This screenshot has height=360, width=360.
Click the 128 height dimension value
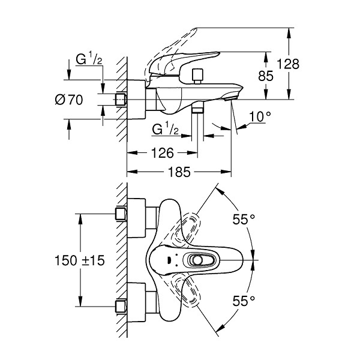click(288, 64)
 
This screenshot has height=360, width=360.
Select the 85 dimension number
click(266, 76)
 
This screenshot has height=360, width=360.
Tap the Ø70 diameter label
click(69, 100)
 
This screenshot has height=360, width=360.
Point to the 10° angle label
click(260, 116)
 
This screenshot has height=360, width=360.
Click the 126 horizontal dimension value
click(163, 153)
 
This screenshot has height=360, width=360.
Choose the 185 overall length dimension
click(179, 172)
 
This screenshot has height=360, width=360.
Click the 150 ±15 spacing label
click(79, 260)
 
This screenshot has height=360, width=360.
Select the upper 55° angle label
click(244, 219)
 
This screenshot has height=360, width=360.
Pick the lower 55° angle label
click(244, 301)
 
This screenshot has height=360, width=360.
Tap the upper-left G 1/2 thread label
click(89, 59)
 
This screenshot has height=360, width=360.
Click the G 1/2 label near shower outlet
click(166, 128)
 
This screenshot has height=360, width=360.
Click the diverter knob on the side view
click(198, 76)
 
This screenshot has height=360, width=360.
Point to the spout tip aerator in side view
click(230, 98)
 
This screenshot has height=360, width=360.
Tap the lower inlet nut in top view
click(121, 307)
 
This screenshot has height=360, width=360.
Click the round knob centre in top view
click(197, 260)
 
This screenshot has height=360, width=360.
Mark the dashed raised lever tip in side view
click(195, 29)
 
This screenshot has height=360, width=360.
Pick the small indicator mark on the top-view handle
click(169, 260)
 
